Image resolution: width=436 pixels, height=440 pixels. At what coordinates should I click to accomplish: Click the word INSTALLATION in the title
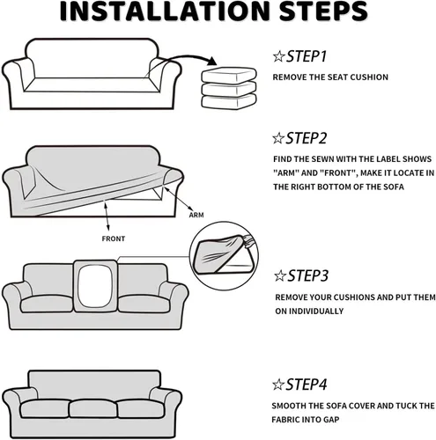(165, 11)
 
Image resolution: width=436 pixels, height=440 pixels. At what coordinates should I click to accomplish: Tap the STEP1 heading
(307, 56)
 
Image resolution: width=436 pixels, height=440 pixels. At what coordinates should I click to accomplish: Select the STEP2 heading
(307, 138)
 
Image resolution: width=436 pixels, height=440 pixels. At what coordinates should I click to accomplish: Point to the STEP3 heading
(307, 275)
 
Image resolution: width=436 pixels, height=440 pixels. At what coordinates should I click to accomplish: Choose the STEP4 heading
(307, 385)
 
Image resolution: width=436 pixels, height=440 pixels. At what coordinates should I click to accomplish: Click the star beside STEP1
(278, 56)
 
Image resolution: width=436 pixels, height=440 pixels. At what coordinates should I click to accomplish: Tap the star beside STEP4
(278, 385)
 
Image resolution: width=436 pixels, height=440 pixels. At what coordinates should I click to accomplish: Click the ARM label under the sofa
(196, 215)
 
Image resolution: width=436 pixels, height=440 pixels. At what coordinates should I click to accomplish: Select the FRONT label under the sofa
(114, 238)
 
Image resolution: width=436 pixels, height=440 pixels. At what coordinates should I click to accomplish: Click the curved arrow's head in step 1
(211, 62)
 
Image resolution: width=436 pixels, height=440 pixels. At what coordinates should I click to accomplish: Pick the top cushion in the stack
(229, 75)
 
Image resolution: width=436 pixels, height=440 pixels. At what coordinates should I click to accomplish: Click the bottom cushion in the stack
(229, 101)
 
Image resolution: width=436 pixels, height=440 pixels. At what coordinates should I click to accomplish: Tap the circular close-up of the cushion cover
(225, 256)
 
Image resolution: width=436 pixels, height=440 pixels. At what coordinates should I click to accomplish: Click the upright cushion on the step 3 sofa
(95, 286)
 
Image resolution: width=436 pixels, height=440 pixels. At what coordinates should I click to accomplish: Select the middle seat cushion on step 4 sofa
(93, 408)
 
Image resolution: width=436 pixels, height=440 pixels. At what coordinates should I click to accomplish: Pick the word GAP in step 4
(331, 420)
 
